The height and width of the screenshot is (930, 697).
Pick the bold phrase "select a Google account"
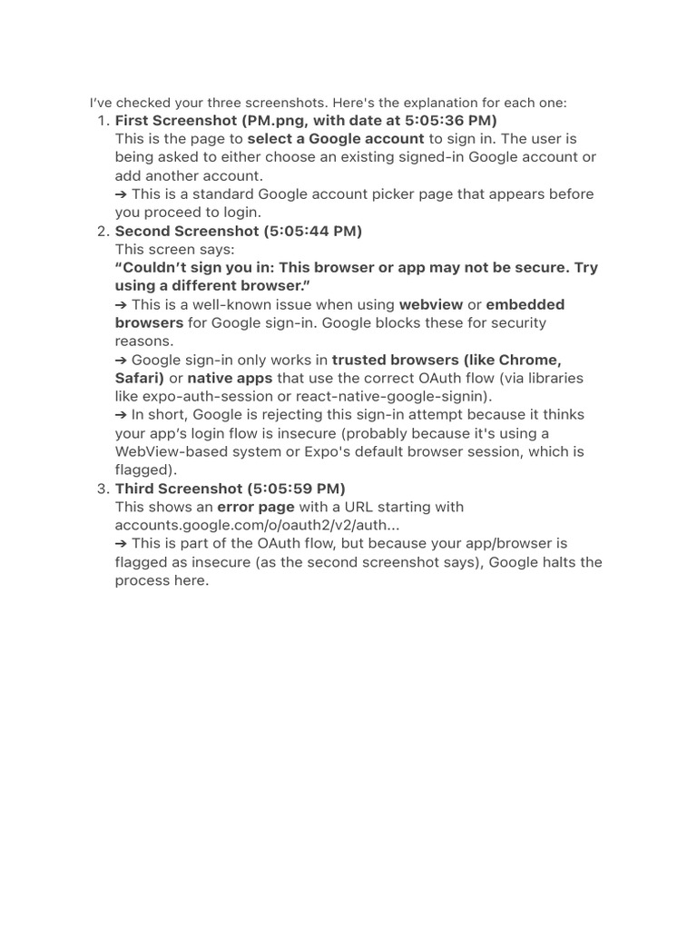[x=336, y=139]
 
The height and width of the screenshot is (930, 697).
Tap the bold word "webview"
[x=431, y=304]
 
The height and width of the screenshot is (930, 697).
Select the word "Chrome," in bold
[x=530, y=360]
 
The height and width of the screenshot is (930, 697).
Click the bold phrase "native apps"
[x=230, y=378]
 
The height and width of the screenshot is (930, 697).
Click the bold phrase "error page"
[x=256, y=507]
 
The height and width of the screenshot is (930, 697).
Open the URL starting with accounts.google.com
[x=257, y=525]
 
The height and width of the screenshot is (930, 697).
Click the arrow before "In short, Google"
[x=122, y=415]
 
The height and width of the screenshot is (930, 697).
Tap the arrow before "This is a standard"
[x=122, y=194]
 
